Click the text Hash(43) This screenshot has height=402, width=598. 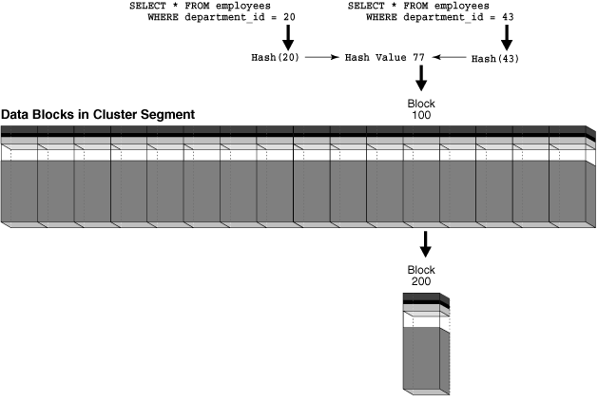(494, 58)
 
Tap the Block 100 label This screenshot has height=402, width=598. (420, 106)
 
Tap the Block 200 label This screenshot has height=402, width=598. (420, 276)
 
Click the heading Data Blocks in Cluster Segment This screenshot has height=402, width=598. (98, 114)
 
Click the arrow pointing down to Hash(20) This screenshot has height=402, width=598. (287, 37)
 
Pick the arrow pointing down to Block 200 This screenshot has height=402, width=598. (425, 244)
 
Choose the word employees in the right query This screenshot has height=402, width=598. (461, 6)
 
